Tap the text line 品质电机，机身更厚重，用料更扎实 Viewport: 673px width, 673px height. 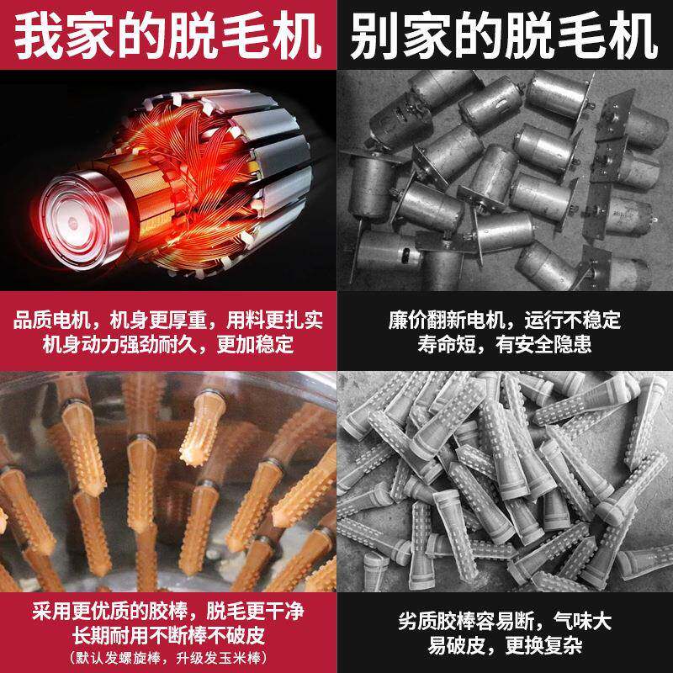[168, 321]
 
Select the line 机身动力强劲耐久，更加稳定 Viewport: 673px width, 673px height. [168, 343]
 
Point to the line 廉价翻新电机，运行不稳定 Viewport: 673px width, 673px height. [505, 321]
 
